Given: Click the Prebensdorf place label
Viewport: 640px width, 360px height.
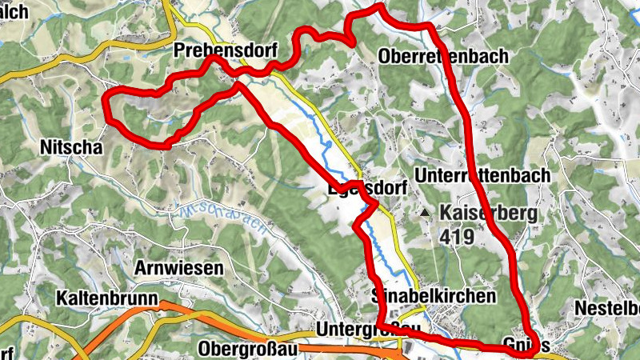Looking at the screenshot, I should coord(225,51).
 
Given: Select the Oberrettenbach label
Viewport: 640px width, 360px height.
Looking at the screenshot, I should coord(444,57).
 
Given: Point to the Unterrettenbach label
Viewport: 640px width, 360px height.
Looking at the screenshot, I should coord(482,175).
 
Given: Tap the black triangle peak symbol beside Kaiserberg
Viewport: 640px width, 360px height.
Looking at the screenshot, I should coord(426,214).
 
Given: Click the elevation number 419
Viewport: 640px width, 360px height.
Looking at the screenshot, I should coord(456,237).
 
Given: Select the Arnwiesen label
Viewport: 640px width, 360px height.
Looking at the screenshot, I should coord(178,268).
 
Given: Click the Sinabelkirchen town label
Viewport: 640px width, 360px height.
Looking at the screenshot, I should coord(434,296).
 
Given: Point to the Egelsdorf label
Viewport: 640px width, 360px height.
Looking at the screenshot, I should coord(369,189).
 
